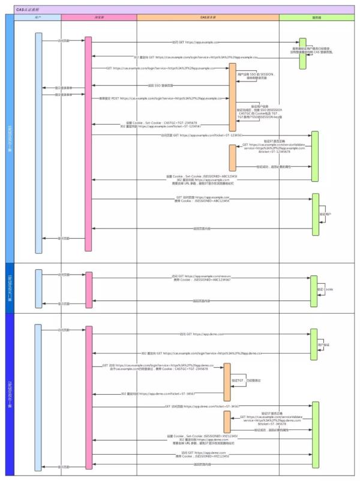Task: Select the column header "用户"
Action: pyautogui.click(x=38, y=17)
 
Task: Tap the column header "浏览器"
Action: pyautogui.click(x=98, y=17)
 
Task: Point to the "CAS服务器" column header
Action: pyautogui.click(x=208, y=17)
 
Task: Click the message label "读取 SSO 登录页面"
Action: pyautogui.click(x=159, y=86)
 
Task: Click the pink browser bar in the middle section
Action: pyautogui.click(x=89, y=288)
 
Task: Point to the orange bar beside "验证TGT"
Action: pyautogui.click(x=227, y=382)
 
